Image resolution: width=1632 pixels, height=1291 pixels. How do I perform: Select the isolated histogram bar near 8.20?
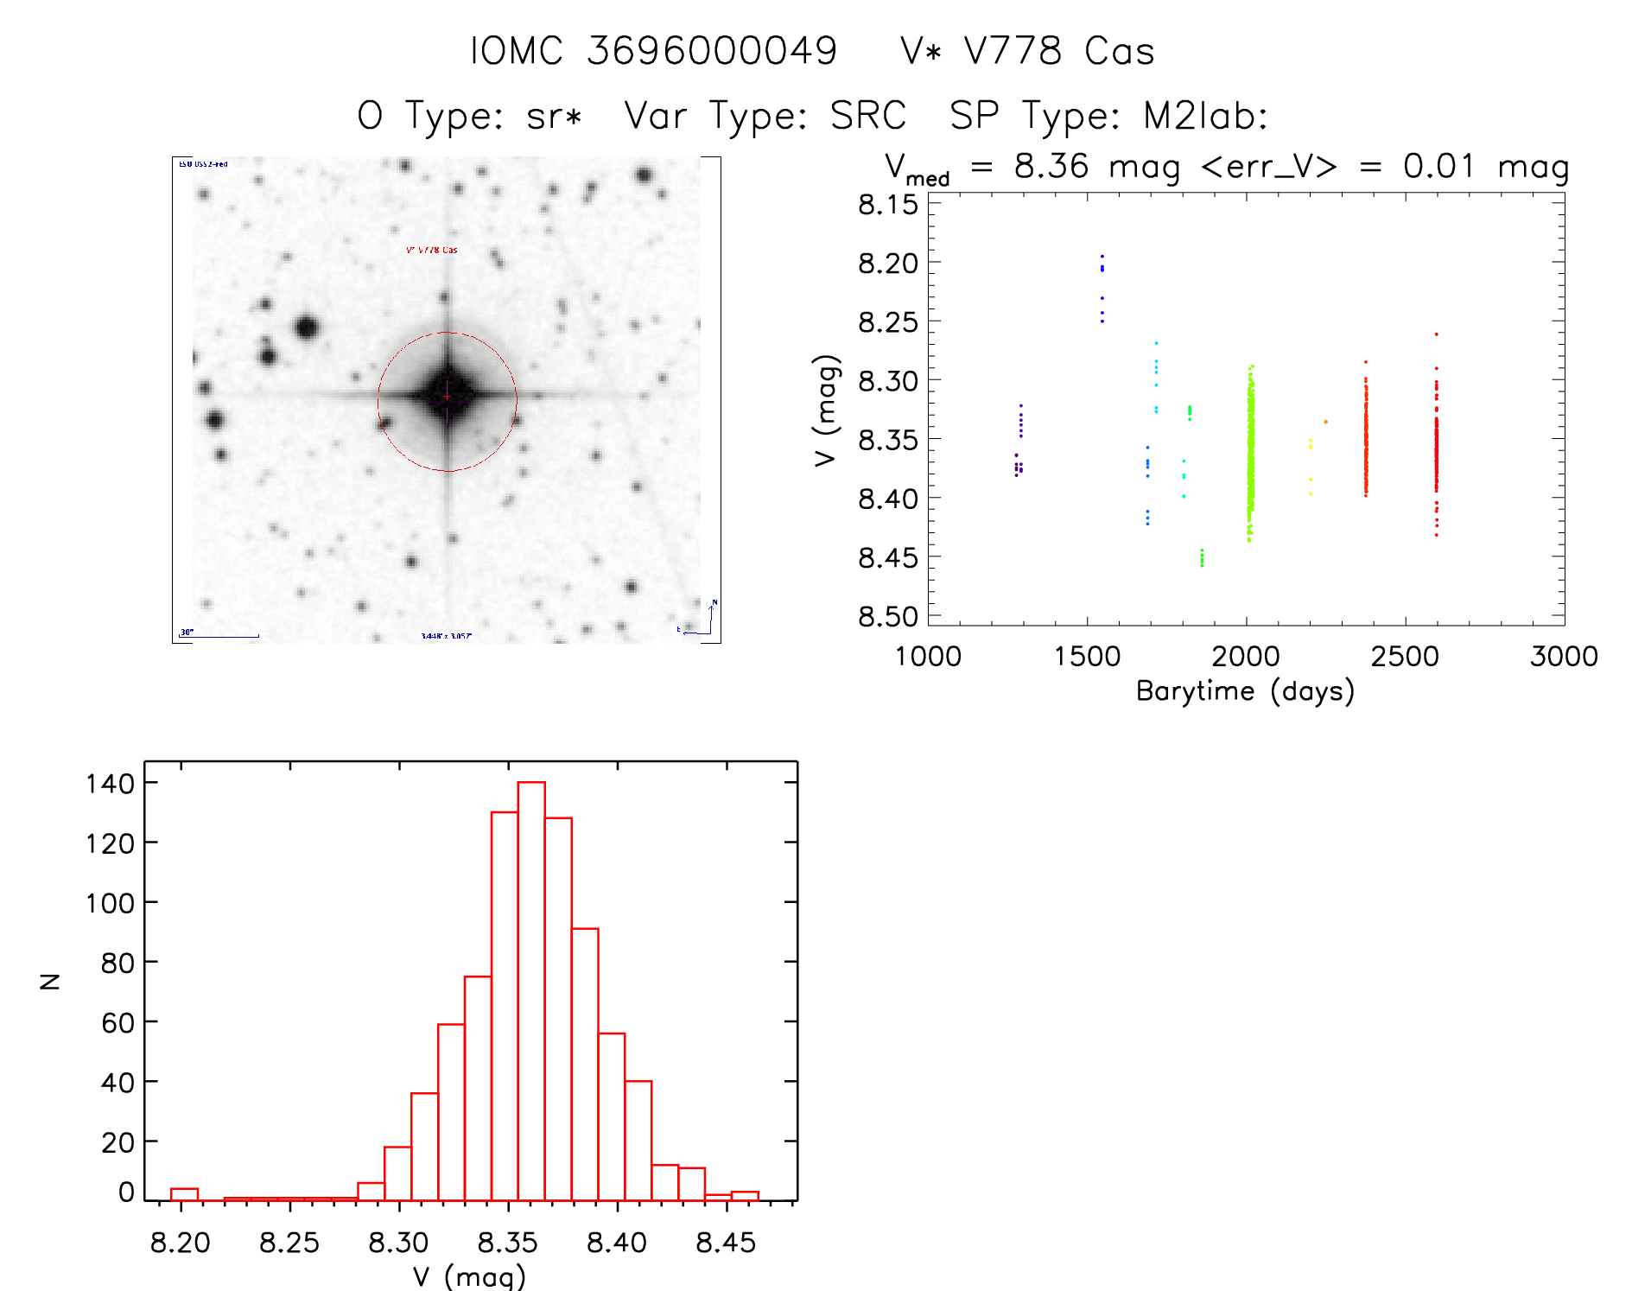184,1194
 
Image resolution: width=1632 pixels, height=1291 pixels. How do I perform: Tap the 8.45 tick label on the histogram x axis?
726,1243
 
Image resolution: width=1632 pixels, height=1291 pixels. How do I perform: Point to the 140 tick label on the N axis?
110,784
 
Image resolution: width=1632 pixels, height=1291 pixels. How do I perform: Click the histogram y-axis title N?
50,981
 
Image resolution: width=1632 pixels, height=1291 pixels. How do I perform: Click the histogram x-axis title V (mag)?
469,1275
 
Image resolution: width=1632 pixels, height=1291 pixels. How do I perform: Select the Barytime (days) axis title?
1245,691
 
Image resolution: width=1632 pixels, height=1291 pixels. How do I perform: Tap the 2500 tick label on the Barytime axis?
1405,657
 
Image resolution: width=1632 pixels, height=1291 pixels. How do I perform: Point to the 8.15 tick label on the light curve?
887,205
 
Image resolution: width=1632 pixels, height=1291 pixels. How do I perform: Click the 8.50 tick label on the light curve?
887,617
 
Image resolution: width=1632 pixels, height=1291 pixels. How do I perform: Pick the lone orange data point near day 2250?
1325,422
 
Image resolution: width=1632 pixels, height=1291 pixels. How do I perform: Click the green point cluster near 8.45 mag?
1202,557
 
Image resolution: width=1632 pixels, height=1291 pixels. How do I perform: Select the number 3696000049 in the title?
712,51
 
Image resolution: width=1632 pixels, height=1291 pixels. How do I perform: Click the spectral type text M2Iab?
1205,116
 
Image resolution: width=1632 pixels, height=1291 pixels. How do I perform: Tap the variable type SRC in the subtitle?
867,116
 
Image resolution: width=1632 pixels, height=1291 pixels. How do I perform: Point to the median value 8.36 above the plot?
1051,166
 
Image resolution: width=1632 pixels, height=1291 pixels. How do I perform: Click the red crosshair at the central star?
447,397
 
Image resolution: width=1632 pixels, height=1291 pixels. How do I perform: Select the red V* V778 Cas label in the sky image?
432,250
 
